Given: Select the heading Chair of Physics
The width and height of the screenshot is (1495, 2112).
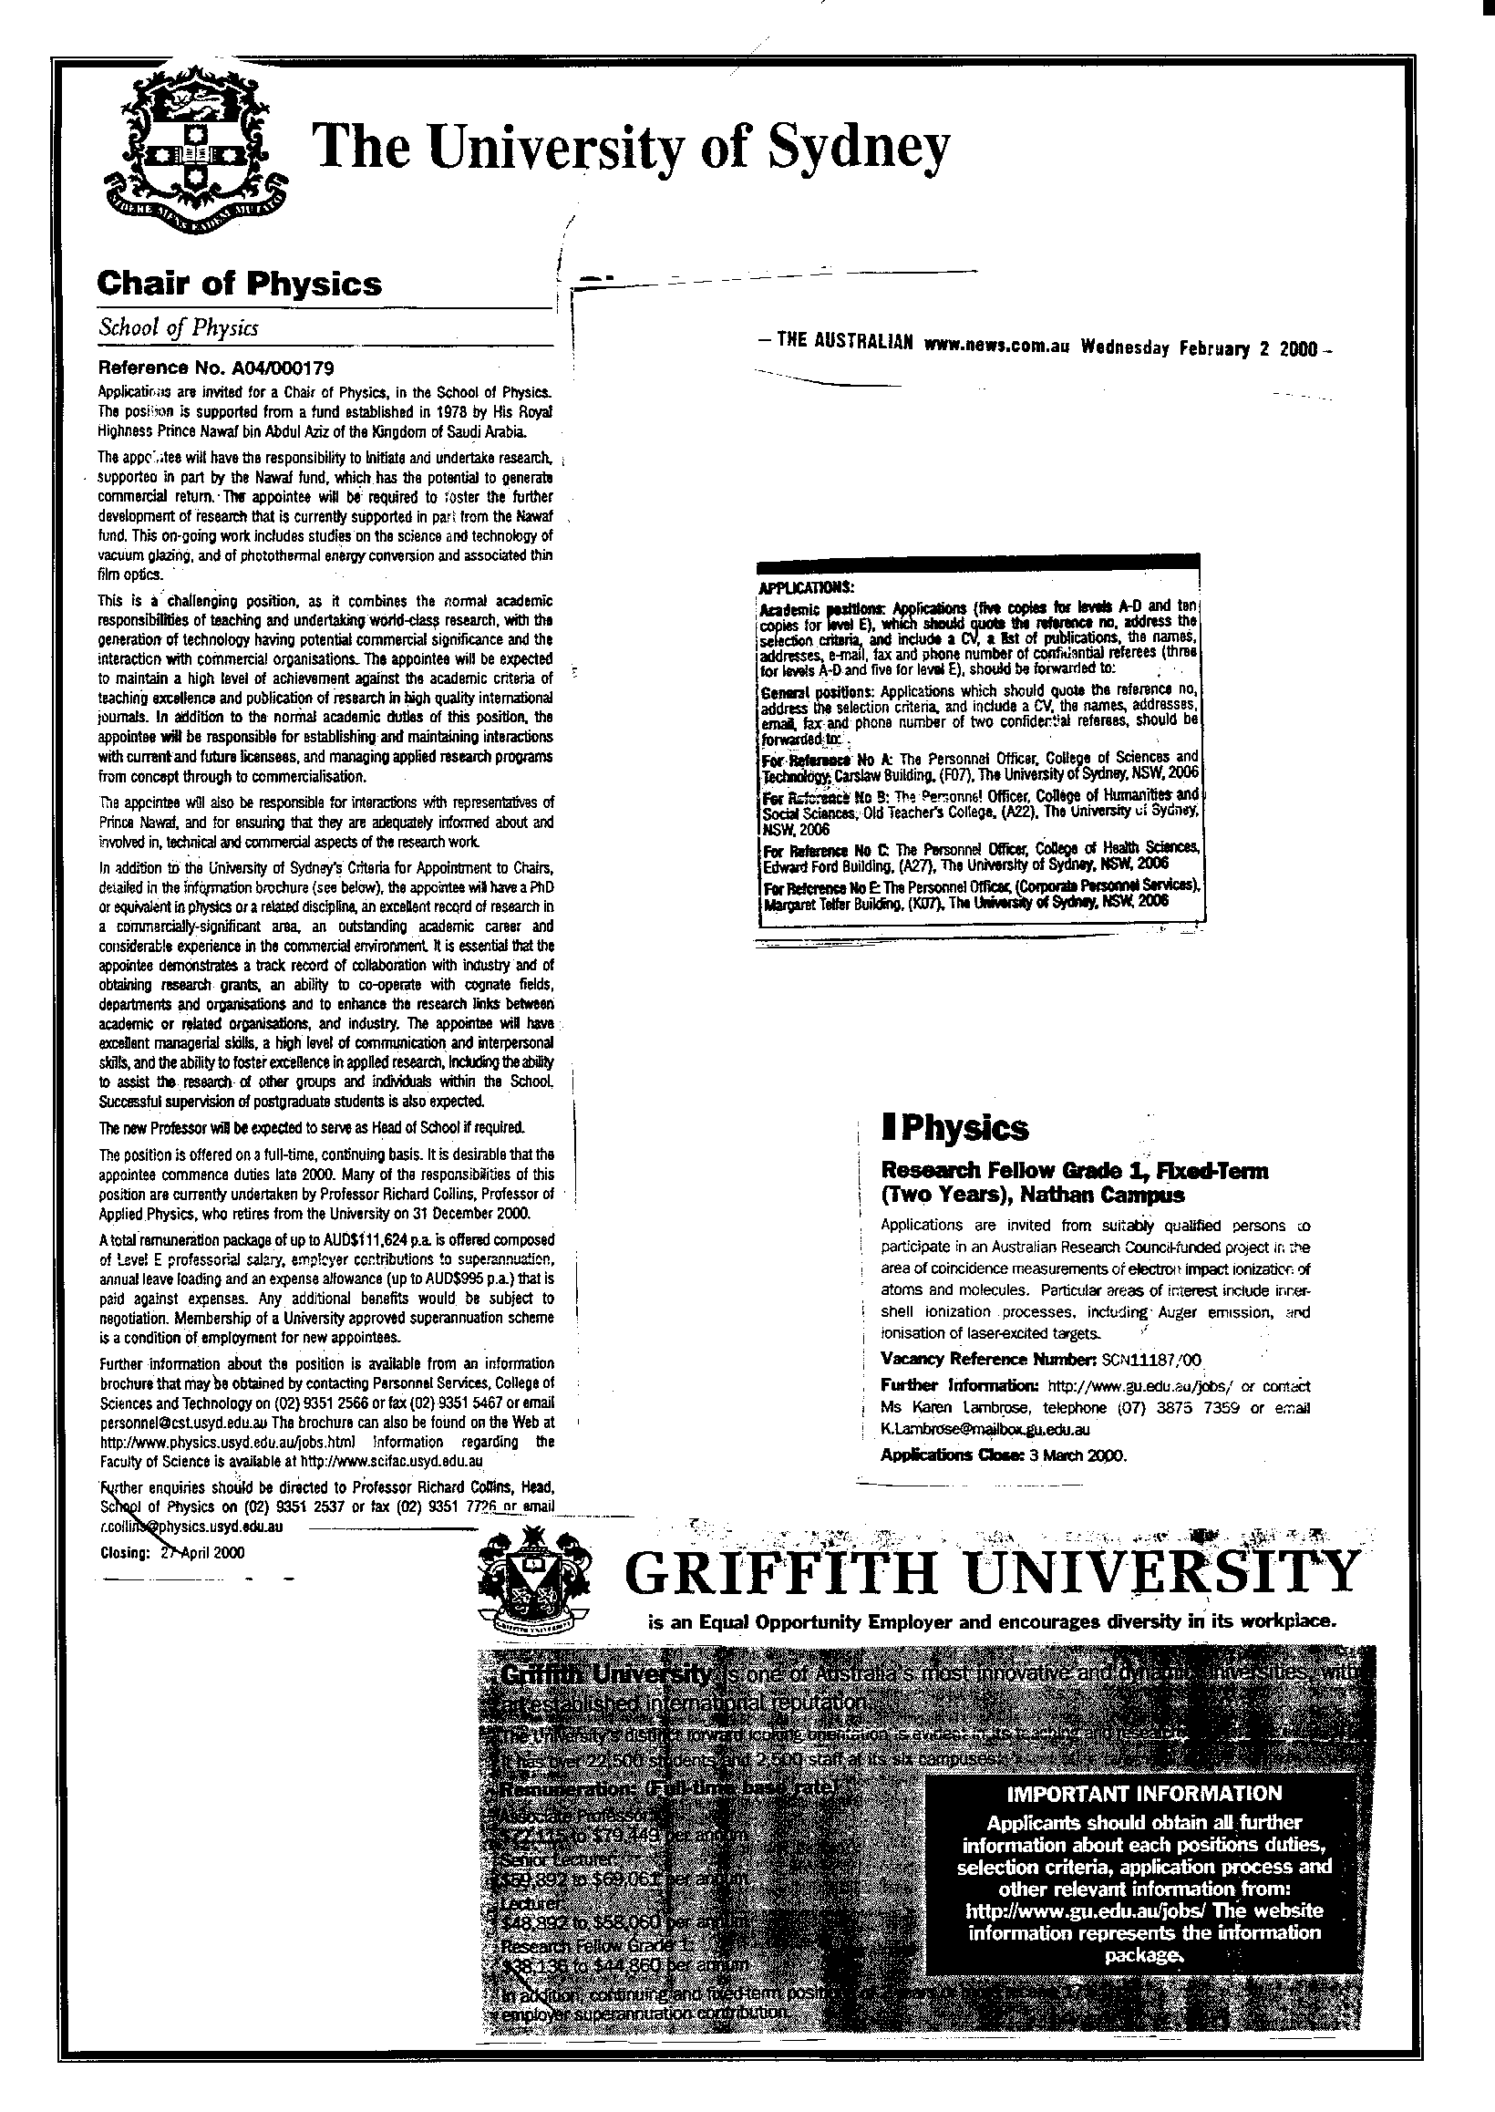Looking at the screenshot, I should click(x=240, y=284).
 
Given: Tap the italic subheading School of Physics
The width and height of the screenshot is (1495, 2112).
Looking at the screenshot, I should click(x=178, y=327).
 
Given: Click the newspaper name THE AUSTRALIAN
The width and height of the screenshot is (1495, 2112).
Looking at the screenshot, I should click(x=845, y=344).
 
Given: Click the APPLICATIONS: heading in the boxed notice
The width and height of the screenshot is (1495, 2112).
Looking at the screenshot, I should click(x=806, y=586).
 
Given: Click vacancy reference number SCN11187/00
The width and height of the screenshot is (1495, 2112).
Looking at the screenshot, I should click(x=1150, y=1359).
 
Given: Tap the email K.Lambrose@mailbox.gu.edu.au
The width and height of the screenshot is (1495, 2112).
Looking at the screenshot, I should click(x=985, y=1430).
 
